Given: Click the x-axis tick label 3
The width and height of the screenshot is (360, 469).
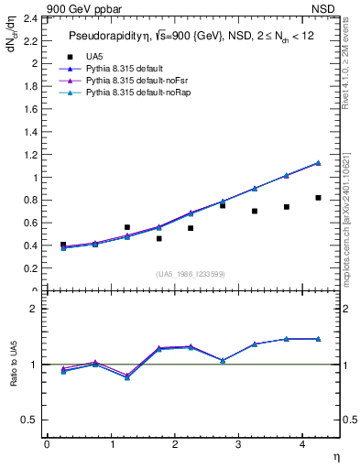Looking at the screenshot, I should [238, 443].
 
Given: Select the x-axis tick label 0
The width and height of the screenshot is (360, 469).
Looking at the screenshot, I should [47, 443].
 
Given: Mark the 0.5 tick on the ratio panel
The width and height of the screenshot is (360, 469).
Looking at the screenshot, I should [33, 420].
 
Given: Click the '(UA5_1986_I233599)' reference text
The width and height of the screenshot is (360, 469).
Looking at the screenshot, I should [189, 275].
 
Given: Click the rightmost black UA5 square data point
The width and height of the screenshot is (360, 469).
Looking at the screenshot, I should [318, 198].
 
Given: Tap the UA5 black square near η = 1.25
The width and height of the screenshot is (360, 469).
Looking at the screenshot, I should [126, 227].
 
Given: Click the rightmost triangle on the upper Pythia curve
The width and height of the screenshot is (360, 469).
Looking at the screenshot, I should [318, 162].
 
